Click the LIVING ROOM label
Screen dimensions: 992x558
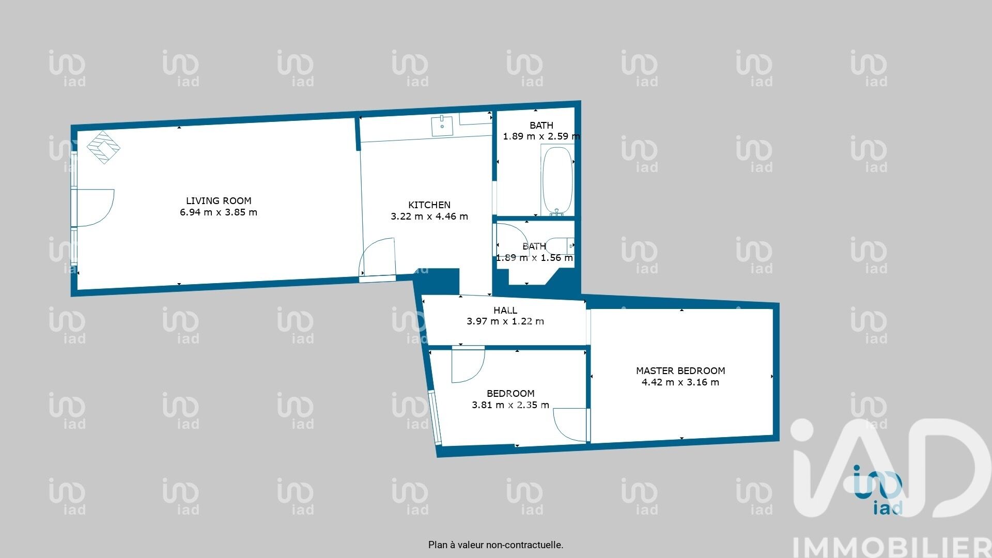pyautogui.click(x=219, y=200)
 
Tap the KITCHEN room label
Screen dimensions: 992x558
pyautogui.click(x=429, y=205)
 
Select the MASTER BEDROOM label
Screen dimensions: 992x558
pyautogui.click(x=680, y=370)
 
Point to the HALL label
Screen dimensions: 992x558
pyautogui.click(x=505, y=310)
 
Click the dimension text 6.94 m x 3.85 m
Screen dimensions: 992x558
pyautogui.click(x=219, y=212)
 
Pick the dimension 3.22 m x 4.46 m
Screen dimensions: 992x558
pyautogui.click(x=429, y=216)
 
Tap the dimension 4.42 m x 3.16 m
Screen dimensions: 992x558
pyautogui.click(x=680, y=382)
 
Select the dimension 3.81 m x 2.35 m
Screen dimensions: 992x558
pyautogui.click(x=510, y=405)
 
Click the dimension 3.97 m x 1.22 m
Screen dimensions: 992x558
pyautogui.click(x=505, y=321)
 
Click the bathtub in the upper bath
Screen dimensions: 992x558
pyautogui.click(x=557, y=180)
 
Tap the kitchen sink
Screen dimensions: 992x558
pyautogui.click(x=442, y=126)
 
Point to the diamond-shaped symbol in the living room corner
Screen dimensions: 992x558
pyautogui.click(x=103, y=147)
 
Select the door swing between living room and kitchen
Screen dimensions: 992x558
pyautogui.click(x=377, y=257)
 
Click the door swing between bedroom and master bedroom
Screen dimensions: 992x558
pyautogui.click(x=570, y=425)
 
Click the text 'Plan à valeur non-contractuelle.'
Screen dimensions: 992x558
pyautogui.click(x=496, y=545)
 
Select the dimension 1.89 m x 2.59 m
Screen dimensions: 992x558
pyautogui.click(x=541, y=136)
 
